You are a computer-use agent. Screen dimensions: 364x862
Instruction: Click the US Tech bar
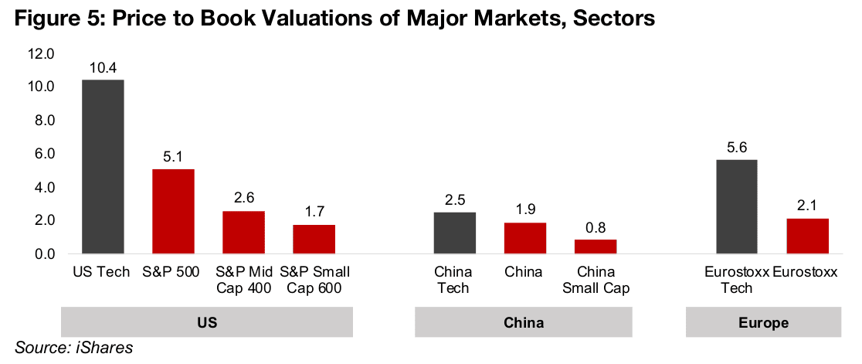click(103, 167)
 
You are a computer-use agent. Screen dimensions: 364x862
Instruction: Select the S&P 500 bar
click(173, 211)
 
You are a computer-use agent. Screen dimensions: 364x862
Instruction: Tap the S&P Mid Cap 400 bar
click(243, 232)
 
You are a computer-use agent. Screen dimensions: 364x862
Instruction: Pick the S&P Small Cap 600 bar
click(314, 240)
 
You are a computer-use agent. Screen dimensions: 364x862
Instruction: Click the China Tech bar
click(454, 233)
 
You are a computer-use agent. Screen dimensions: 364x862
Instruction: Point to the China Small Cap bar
click(596, 247)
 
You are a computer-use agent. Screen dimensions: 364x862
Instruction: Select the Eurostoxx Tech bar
click(736, 206)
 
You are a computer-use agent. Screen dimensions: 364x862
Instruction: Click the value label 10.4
click(103, 68)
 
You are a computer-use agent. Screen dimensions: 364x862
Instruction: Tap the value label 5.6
click(736, 148)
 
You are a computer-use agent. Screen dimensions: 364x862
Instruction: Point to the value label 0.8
click(596, 228)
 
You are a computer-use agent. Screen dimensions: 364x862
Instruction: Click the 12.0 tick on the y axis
click(40, 54)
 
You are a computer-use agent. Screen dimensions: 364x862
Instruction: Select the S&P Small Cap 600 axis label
click(314, 280)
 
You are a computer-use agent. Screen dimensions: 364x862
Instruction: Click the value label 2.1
click(807, 206)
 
